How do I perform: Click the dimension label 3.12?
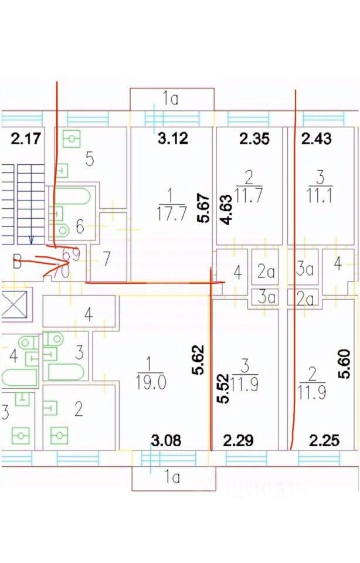(x=171, y=139)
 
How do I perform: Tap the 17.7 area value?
(x=170, y=212)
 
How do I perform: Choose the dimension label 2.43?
(x=316, y=139)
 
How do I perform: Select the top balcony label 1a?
(x=171, y=99)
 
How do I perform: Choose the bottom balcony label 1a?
(x=172, y=477)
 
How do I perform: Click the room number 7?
(x=107, y=259)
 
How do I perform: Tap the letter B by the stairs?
(x=18, y=262)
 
